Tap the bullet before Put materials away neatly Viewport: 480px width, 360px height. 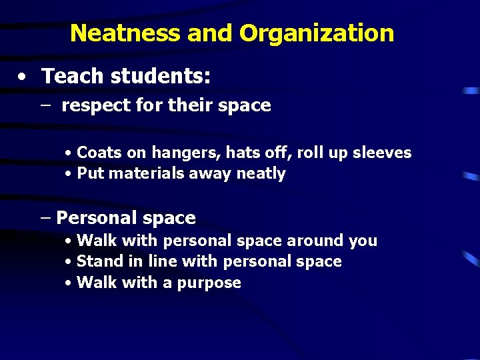point(69,175)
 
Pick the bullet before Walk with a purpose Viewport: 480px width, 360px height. point(69,283)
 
